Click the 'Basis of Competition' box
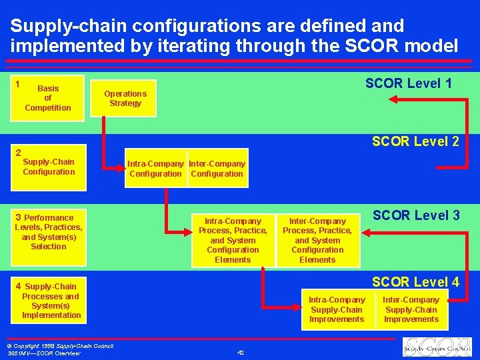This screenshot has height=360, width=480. coord(47,98)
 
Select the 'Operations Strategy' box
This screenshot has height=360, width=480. coord(125,99)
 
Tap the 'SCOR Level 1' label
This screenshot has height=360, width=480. coord(408,83)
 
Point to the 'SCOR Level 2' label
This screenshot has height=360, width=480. coord(415,141)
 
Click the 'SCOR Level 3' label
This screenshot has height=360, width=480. coord(416,215)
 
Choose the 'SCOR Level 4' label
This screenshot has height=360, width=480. coord(415,282)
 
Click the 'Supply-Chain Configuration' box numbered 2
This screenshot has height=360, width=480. coord(49,167)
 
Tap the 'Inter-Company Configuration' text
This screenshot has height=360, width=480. coord(217,169)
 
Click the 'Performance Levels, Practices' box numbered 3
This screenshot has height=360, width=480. coord(49,232)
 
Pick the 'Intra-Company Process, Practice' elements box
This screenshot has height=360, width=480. coord(233,240)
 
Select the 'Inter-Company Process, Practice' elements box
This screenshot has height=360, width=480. coord(317,240)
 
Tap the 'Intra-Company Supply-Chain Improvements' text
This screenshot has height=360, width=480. coord(337,309)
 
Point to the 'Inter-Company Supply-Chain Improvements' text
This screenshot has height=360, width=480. coord(411,309)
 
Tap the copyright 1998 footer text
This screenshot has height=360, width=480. coord(59,346)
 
